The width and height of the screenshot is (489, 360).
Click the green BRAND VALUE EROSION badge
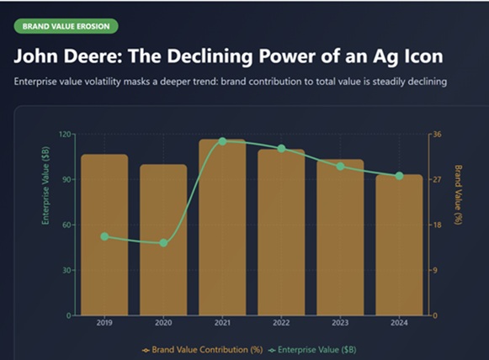point(65,26)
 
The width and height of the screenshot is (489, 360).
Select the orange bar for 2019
point(104,236)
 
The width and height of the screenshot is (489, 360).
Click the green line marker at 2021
point(222,141)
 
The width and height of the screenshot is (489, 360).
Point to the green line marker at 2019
point(104,236)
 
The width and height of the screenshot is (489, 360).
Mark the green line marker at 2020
point(163,243)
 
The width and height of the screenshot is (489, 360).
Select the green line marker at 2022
point(281,149)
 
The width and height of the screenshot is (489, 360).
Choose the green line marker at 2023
point(340,167)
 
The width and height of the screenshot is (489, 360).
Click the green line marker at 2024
point(399,176)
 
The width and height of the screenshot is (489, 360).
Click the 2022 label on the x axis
point(281,323)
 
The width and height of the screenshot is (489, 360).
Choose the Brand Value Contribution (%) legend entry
point(202,348)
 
